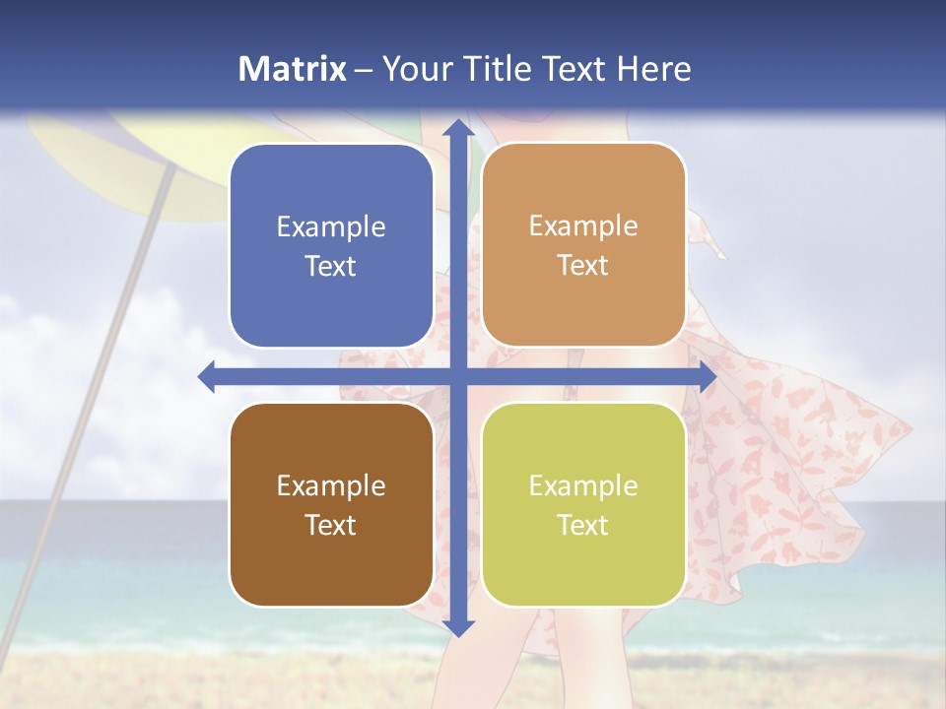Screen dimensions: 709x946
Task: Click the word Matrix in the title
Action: pyautogui.click(x=293, y=69)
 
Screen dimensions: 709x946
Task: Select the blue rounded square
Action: pyautogui.click(x=331, y=246)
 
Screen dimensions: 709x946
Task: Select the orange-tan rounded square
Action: pyautogui.click(x=583, y=245)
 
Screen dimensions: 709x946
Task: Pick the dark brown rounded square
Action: pyautogui.click(x=331, y=504)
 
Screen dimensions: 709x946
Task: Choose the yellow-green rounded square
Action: pyautogui.click(x=583, y=504)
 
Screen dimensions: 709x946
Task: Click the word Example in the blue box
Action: pyautogui.click(x=331, y=227)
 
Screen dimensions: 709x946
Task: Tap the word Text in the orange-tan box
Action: pyautogui.click(x=583, y=266)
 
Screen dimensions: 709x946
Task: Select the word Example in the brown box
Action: pyautogui.click(x=331, y=485)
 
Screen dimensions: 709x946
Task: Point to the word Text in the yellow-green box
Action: pyautogui.click(x=583, y=525)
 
